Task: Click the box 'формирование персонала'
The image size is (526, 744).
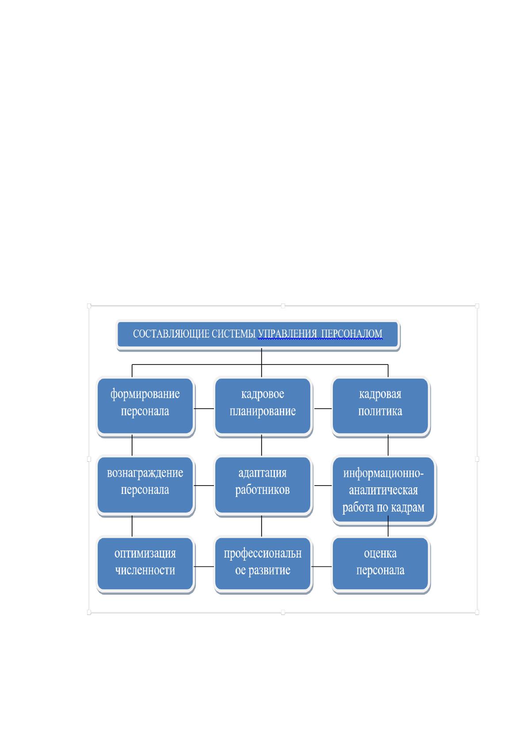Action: coord(145,406)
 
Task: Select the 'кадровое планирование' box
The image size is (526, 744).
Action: coord(263,406)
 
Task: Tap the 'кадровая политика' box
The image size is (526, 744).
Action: coord(380,406)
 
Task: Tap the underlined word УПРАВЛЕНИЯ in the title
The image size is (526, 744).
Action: coord(287,334)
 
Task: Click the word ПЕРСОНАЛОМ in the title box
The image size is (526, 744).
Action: coord(352,334)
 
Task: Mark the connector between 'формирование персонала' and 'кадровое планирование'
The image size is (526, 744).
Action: coord(204,409)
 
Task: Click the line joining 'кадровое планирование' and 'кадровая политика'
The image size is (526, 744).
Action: coord(323,409)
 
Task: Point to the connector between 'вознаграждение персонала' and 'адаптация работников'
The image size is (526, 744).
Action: coord(204,486)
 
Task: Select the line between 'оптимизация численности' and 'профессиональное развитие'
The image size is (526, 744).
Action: coord(204,567)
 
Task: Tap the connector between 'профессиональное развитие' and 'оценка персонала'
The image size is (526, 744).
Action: coord(322,567)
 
